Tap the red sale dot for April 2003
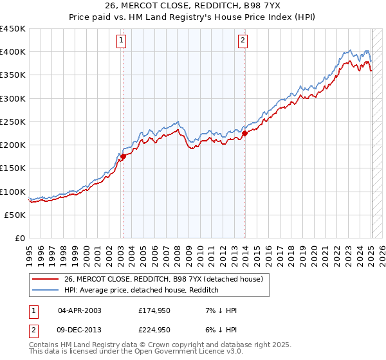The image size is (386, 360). pyautogui.click(x=122, y=156)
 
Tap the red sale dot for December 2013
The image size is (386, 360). pyautogui.click(x=245, y=134)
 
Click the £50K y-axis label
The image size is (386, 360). pyautogui.click(x=15, y=215)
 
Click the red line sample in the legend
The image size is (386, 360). pyautogui.click(x=46, y=280)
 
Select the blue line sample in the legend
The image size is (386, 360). pyautogui.click(x=46, y=291)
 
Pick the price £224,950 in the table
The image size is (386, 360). pyautogui.click(x=154, y=330)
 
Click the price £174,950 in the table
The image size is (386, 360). pyautogui.click(x=154, y=310)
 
